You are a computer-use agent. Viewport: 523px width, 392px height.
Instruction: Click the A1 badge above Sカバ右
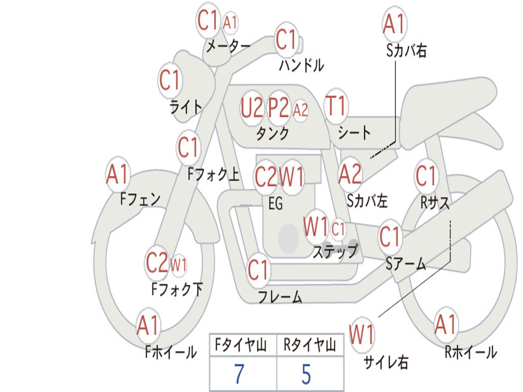(393, 23)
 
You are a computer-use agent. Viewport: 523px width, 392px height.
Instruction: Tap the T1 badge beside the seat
(336, 106)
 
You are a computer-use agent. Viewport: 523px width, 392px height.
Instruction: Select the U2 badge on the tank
(252, 108)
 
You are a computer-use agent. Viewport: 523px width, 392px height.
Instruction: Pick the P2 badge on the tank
(278, 108)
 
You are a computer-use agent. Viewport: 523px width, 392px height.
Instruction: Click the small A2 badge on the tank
(301, 109)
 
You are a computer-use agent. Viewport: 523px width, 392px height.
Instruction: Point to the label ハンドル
(301, 65)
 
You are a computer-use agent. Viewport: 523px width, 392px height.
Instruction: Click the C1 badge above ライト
(170, 80)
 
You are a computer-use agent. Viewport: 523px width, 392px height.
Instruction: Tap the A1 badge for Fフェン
(118, 174)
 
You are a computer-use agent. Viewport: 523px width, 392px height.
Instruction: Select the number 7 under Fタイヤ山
(239, 374)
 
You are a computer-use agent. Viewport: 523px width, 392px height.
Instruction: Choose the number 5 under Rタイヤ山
(306, 374)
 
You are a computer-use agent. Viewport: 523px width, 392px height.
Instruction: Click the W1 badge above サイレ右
(362, 335)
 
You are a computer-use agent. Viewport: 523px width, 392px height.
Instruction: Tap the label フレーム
(280, 297)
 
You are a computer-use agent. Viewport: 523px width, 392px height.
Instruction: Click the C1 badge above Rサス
(426, 176)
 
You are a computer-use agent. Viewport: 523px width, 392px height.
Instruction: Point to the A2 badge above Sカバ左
(350, 174)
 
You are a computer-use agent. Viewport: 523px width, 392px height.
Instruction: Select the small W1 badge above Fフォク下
(178, 265)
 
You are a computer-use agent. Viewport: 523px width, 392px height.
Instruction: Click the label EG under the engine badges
(275, 204)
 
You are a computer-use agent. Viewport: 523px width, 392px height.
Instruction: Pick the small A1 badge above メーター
(230, 22)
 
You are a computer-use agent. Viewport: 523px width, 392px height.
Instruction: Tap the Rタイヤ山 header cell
(310, 346)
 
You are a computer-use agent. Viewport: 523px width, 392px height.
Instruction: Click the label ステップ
(335, 251)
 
